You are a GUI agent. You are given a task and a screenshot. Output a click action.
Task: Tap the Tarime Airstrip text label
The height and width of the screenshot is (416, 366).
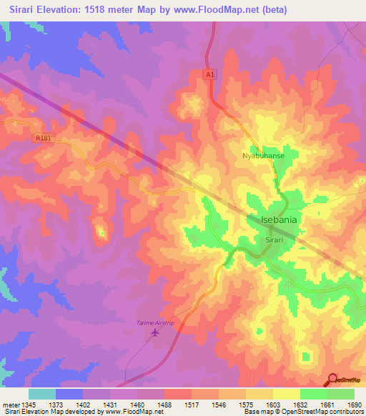point(155,323)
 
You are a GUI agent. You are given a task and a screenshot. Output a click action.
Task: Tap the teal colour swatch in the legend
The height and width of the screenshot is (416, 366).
point(42,394)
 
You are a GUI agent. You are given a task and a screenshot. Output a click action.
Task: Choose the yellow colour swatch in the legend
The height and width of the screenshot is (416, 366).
point(287,394)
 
